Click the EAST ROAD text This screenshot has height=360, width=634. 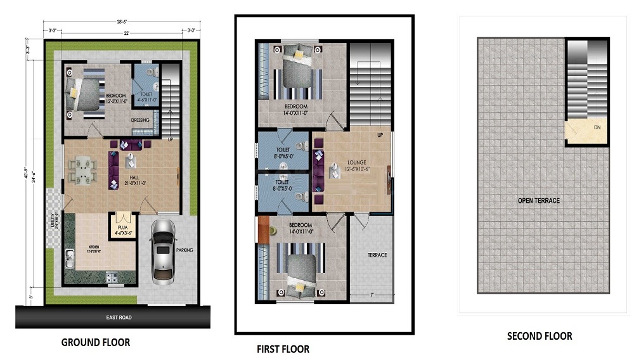click(x=119, y=318)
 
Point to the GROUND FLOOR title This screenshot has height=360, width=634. click(x=95, y=342)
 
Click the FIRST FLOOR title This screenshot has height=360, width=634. click(x=283, y=349)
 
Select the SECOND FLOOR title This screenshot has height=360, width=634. click(x=539, y=336)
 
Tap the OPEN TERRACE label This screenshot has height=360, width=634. click(x=538, y=201)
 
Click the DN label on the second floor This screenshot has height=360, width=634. click(x=597, y=127)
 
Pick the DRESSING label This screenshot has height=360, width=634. click(x=140, y=120)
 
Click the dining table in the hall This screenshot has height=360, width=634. click(x=83, y=169)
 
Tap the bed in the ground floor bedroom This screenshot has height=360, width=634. click(x=86, y=94)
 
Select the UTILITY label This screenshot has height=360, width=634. click(x=55, y=224)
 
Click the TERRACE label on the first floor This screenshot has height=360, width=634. click(x=377, y=255)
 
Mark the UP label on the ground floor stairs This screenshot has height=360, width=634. click(x=171, y=138)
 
